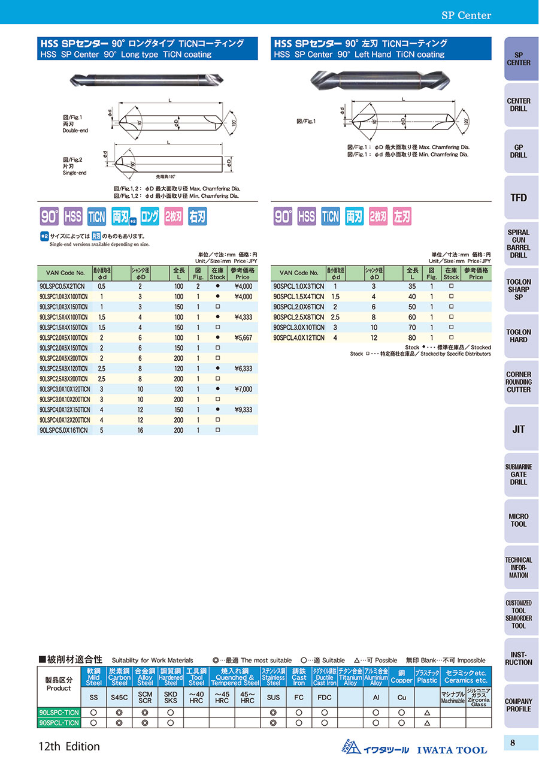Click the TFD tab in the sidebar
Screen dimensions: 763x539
(518, 197)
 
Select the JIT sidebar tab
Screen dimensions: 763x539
(518, 429)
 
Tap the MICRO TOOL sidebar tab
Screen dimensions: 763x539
(518, 520)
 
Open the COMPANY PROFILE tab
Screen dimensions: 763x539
(518, 705)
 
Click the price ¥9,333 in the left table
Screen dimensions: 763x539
(244, 410)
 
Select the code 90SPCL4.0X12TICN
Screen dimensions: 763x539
(298, 338)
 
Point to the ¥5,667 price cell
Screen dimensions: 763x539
(244, 338)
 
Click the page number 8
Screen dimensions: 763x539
(513, 743)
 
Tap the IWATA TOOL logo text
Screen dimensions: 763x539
(452, 750)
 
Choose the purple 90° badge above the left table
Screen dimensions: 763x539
(49, 216)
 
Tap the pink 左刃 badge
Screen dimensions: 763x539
(402, 216)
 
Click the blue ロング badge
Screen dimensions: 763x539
(150, 216)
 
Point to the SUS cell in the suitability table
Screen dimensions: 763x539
(273, 698)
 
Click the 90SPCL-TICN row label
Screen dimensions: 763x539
(59, 723)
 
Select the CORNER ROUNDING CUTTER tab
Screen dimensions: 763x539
(518, 382)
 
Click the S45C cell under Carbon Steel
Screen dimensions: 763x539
(119, 698)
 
